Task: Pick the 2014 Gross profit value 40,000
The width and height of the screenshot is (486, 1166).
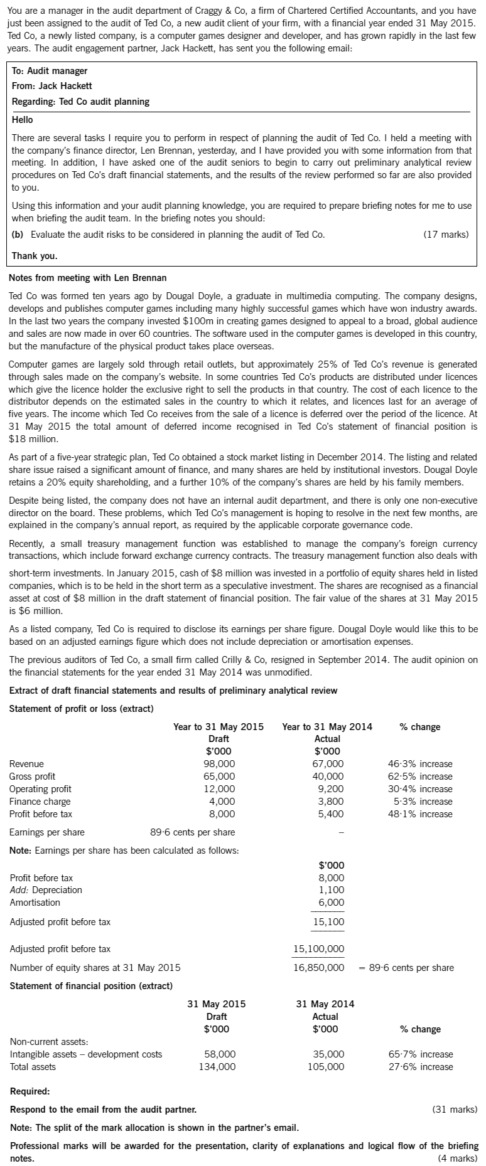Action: click(x=328, y=776)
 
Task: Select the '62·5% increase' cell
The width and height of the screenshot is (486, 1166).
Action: click(x=420, y=776)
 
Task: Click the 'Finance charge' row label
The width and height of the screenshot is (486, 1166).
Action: click(x=40, y=801)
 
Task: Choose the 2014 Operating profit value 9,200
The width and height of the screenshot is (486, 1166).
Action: click(x=331, y=788)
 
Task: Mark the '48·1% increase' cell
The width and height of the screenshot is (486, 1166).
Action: click(x=420, y=814)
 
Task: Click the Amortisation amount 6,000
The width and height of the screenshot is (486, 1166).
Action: click(x=332, y=902)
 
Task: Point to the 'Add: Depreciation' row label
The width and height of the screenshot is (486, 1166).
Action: click(x=46, y=889)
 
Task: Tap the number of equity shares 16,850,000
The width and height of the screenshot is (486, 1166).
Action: click(x=319, y=967)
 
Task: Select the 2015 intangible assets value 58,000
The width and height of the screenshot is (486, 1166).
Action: click(x=220, y=1054)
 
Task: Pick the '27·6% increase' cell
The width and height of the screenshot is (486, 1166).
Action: click(x=420, y=1066)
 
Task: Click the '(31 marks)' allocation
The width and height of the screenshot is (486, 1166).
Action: click(x=455, y=1109)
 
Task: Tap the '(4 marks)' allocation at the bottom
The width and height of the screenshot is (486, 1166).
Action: click(x=457, y=1158)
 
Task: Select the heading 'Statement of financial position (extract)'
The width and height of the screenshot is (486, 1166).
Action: click(x=91, y=985)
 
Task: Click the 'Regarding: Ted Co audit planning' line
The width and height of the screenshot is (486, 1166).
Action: click(x=80, y=101)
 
